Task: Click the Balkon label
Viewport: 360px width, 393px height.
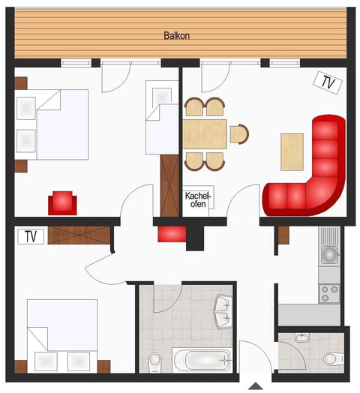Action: click(x=177, y=35)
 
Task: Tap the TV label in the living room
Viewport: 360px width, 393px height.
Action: click(x=327, y=82)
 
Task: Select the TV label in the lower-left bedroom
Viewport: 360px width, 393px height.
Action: click(x=31, y=237)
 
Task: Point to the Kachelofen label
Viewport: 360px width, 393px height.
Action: click(x=199, y=199)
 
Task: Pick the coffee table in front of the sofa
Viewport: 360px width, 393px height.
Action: click(x=292, y=151)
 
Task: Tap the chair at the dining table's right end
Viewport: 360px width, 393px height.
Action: click(x=238, y=134)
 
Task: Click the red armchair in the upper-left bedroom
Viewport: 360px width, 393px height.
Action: click(x=62, y=202)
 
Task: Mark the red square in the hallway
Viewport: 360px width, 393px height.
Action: click(x=172, y=234)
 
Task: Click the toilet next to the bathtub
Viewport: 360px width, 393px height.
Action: click(x=155, y=360)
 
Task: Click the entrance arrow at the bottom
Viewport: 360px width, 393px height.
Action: click(x=256, y=386)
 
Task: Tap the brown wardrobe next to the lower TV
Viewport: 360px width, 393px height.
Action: click(x=79, y=235)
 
